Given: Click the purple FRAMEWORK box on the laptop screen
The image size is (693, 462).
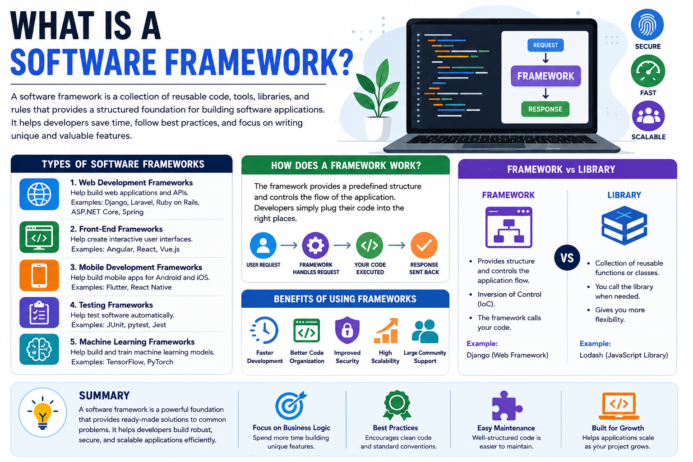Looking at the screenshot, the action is pyautogui.click(x=545, y=76).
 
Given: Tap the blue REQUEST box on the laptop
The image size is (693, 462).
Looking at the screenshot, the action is pyautogui.click(x=545, y=45).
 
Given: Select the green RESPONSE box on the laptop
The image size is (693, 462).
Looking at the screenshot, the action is pyautogui.click(x=545, y=109).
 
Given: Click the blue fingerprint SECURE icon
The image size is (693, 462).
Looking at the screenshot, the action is pyautogui.click(x=647, y=25).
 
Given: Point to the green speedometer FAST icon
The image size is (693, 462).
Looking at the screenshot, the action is pyautogui.click(x=648, y=71).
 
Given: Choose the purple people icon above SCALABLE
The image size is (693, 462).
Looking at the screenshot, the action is pyautogui.click(x=648, y=116).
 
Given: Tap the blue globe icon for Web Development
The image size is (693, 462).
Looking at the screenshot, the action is pyautogui.click(x=39, y=194).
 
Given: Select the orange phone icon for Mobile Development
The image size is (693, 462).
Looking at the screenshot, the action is pyautogui.click(x=39, y=275).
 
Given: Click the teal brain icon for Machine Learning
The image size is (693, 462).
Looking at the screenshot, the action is pyautogui.click(x=39, y=349).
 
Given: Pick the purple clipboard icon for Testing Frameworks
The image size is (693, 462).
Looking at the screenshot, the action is pyautogui.click(x=39, y=313).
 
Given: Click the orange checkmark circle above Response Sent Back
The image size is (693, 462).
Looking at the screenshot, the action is pyautogui.click(x=424, y=245).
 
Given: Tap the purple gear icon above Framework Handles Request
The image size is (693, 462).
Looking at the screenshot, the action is pyautogui.click(x=315, y=245).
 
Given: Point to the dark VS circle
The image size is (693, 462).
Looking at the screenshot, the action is pyautogui.click(x=567, y=258).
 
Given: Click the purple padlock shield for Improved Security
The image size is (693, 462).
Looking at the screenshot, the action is pyautogui.click(x=347, y=330).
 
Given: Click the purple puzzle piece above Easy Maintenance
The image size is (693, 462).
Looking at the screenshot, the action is pyautogui.click(x=507, y=406).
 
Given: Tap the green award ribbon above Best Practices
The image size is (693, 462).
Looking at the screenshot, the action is pyautogui.click(x=397, y=405).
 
